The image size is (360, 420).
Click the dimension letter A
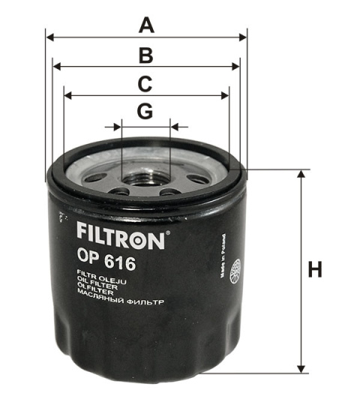tap(147, 25)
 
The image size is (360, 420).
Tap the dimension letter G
tap(145, 112)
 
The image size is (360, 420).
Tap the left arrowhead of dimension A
tap(50, 36)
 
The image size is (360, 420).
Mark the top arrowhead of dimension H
tap(301, 174)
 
